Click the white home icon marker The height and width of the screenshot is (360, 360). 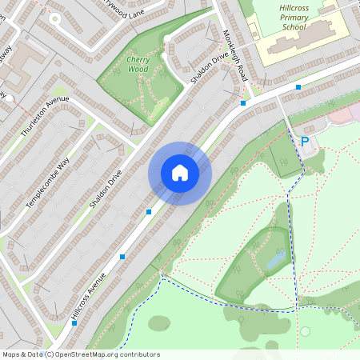(x=180, y=173)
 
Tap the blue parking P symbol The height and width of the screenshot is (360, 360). (x=304, y=142)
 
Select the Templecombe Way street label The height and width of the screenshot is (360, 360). (x=48, y=180)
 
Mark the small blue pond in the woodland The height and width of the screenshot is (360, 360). (x=276, y=258)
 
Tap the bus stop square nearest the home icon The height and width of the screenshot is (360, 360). (x=149, y=212)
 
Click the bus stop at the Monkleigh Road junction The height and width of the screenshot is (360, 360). (x=243, y=102)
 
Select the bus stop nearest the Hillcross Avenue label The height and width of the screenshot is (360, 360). (x=122, y=257)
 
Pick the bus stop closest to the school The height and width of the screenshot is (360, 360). (x=298, y=86)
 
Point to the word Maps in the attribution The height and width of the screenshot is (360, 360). (x=12, y=354)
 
